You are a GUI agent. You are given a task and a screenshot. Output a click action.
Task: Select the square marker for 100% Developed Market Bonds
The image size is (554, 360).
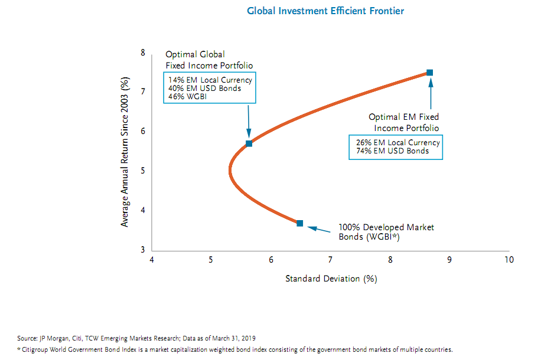[x=300, y=223]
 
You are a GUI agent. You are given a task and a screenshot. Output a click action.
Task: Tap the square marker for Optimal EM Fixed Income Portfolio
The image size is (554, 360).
[x=429, y=73]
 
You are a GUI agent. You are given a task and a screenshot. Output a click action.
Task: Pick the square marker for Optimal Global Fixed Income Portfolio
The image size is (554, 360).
[x=249, y=143]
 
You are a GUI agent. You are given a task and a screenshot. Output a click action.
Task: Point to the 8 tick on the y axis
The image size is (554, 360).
[x=142, y=53]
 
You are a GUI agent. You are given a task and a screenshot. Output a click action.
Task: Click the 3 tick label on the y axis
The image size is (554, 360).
[x=142, y=250]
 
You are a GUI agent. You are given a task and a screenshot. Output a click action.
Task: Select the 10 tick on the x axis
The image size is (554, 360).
[x=507, y=260]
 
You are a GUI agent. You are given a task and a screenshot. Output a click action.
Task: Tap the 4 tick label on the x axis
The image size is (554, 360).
[x=152, y=260]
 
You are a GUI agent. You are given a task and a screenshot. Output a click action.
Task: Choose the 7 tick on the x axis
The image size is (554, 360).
[x=330, y=260]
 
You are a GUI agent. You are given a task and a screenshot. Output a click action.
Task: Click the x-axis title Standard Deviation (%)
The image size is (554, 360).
[x=331, y=278]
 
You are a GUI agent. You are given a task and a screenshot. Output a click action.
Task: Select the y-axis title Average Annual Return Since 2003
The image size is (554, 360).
[x=125, y=152]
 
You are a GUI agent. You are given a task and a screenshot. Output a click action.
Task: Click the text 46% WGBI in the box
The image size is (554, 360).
[x=185, y=97]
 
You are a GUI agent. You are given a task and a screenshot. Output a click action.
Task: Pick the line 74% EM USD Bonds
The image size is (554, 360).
[x=392, y=151]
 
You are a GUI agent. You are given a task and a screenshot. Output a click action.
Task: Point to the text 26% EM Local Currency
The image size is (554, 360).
[x=397, y=143]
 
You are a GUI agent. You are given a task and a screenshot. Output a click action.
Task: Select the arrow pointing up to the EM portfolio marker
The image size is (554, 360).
[x=430, y=94]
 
